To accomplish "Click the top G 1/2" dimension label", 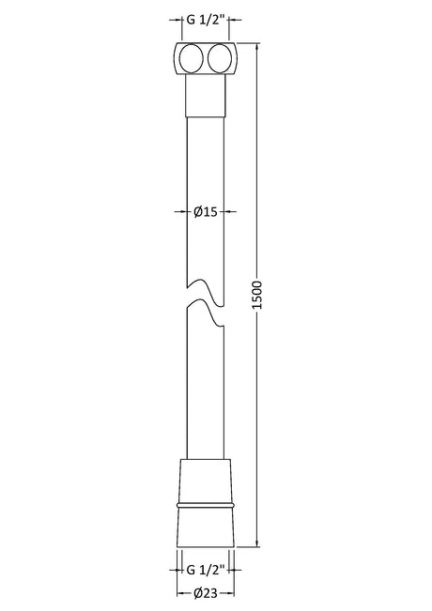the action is click(206, 20).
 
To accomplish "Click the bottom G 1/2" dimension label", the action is click(206, 570).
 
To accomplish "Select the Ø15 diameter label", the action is click(205, 211).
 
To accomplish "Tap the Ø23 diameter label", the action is click(205, 593).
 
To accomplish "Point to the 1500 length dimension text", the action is click(257, 295).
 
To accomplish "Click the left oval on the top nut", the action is click(191, 58).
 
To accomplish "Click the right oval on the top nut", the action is click(220, 58).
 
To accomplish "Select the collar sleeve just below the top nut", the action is click(206, 96).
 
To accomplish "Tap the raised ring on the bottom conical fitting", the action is click(206, 505).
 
